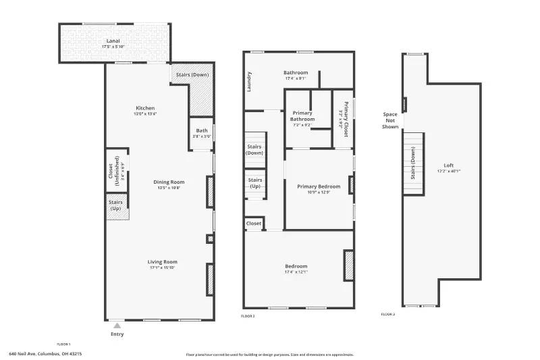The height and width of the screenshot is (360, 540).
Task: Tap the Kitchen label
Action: [x=145, y=108]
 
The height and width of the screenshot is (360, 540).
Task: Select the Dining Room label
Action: [x=169, y=182]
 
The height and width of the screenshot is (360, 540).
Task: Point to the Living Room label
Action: [x=163, y=262]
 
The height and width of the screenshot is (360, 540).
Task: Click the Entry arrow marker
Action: [x=117, y=326]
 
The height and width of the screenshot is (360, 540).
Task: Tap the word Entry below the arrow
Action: [x=117, y=334]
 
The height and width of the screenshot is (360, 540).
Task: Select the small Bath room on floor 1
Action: [x=202, y=133]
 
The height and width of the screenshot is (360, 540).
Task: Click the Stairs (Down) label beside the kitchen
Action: [x=192, y=75]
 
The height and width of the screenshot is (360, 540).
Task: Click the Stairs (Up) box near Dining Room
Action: [x=117, y=205]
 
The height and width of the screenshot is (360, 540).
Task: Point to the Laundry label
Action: [x=249, y=81]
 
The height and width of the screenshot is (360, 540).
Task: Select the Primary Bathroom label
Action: [x=302, y=115]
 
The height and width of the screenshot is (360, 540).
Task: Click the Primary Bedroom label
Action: [x=319, y=186]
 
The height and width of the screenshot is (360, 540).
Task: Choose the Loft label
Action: [x=449, y=165]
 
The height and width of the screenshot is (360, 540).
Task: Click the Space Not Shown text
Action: [x=390, y=120]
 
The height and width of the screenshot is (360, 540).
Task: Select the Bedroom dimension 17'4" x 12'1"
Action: [x=296, y=272]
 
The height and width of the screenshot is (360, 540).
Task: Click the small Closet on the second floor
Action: [x=254, y=224]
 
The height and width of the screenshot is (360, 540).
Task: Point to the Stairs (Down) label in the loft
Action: [x=413, y=165]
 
